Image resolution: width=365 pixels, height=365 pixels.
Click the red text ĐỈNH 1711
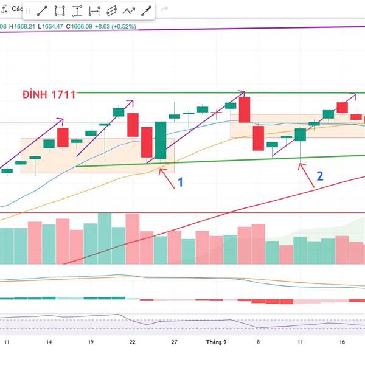[49, 94]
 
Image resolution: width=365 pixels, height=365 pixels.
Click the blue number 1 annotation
[180, 182]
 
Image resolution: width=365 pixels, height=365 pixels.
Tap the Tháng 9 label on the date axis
[216, 342]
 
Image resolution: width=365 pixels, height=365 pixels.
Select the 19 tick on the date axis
[90, 342]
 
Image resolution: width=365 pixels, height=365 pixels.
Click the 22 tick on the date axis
[132, 342]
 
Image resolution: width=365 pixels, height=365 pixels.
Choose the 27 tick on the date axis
[174, 342]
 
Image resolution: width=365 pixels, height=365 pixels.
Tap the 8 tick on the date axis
[258, 342]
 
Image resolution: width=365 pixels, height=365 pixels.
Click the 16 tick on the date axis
[342, 342]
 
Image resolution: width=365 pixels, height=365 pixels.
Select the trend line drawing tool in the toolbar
[42, 10]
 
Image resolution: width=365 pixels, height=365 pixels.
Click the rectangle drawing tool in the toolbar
[60, 10]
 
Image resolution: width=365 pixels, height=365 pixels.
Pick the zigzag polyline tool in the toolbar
[129, 10]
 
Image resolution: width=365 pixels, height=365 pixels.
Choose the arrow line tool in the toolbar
[147, 10]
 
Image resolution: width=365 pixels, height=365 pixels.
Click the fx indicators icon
[4, 9]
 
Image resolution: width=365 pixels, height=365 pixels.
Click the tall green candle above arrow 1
[161, 140]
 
